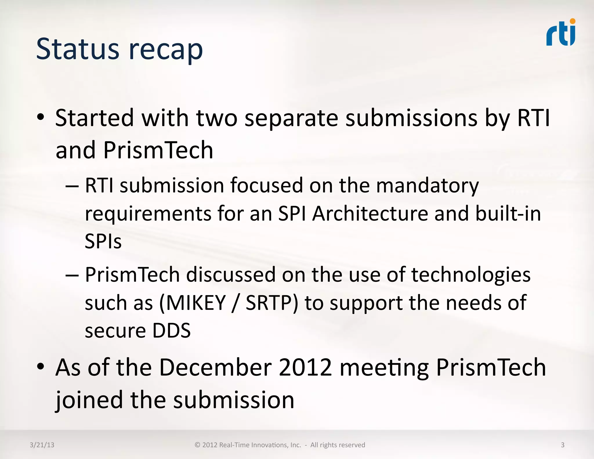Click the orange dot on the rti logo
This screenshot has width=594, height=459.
point(573,21)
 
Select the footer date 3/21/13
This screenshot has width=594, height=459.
point(42,445)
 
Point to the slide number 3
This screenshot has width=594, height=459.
point(562,445)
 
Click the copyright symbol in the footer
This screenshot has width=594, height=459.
point(197,445)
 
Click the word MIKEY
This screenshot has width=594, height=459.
point(196,303)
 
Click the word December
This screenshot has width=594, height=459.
point(215,367)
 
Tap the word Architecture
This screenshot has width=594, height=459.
point(370,214)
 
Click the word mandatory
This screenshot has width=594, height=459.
point(427,186)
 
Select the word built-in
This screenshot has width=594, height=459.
point(508,214)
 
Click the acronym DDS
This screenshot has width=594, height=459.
point(171,331)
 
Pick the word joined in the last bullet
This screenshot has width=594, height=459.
point(89,400)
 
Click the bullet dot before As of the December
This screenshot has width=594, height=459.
point(41,367)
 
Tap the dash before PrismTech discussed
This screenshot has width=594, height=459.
point(72,275)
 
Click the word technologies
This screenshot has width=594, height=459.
point(471,275)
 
